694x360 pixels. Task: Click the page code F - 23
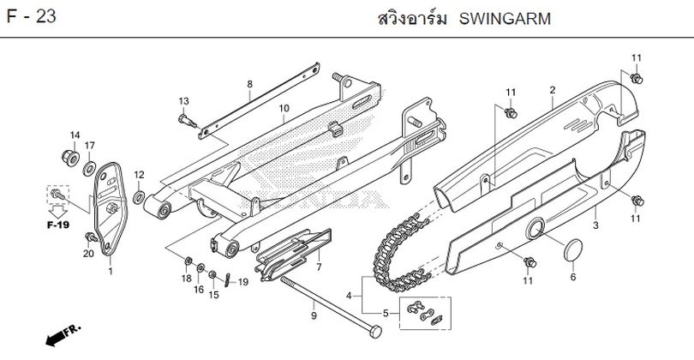[x=32, y=18]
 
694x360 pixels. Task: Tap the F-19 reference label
[x=58, y=225]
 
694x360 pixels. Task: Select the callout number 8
[x=250, y=84]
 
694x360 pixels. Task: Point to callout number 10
[x=284, y=108]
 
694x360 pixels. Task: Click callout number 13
[x=182, y=101]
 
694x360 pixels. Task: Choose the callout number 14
[x=75, y=135]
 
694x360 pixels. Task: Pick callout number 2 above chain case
[x=553, y=90]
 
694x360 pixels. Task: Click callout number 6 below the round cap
[x=573, y=277]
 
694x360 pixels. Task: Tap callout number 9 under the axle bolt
[x=314, y=316]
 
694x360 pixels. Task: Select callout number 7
[x=319, y=267]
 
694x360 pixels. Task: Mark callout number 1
[x=110, y=271]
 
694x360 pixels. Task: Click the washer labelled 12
[x=139, y=199]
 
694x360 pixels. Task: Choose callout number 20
[x=87, y=254]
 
